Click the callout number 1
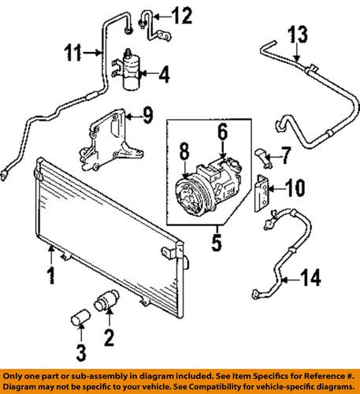(50, 277)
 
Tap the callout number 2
(109, 340)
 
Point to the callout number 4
(163, 76)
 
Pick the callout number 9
(147, 118)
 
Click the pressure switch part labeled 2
(106, 303)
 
